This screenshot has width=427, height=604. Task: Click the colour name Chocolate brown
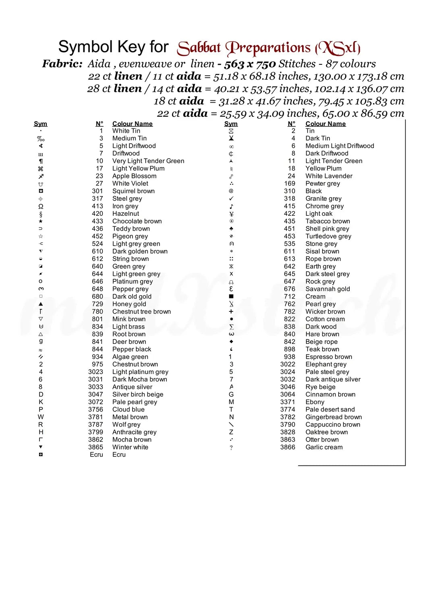coord(137,221)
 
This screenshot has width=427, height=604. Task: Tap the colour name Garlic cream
coord(324,447)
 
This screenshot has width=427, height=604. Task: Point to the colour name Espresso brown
coord(329,357)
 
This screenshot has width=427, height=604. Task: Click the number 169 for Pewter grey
coord(290,184)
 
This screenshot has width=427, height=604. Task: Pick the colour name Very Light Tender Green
coord(148,161)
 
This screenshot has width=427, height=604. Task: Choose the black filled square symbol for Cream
coord(231,296)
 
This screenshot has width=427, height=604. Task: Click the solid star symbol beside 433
coord(41,221)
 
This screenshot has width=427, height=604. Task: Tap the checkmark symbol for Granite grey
coord(231,199)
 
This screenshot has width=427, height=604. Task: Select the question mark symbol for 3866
coord(231,447)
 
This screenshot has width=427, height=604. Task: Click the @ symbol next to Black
coord(231,191)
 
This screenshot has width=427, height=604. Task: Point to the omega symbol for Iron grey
coord(41,206)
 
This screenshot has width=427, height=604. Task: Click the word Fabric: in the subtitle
coord(62,64)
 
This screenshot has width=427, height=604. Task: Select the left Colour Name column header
coord(132,124)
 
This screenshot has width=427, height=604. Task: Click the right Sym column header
coord(231,124)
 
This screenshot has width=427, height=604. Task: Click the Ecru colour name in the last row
coord(119,455)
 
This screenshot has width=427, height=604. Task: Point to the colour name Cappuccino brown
coord(333,424)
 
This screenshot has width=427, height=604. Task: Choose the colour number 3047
coord(95,395)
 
